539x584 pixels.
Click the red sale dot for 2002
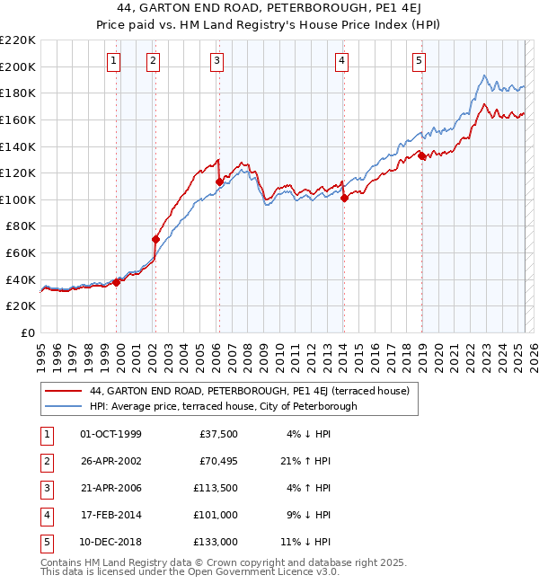click(155, 239)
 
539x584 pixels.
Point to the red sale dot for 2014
click(344, 199)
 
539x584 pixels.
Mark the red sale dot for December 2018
click(421, 155)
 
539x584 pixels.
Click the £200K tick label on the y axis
click(19, 66)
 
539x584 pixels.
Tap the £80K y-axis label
click(22, 226)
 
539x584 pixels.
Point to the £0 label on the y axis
click(28, 333)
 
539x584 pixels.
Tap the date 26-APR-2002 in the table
click(111, 461)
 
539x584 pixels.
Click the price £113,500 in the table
click(215, 488)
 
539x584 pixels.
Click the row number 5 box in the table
click(45, 542)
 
